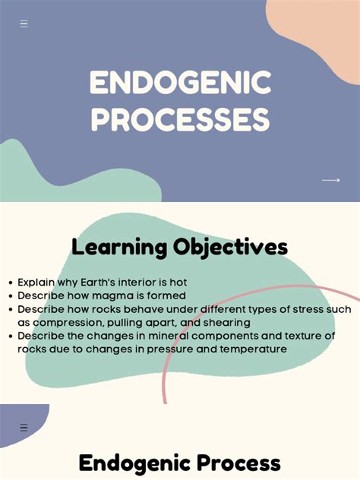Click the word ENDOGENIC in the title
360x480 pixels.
[x=180, y=84]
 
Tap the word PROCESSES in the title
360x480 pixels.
[x=180, y=120]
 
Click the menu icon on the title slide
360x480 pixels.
[x=24, y=24]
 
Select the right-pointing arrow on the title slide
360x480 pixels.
[x=330, y=180]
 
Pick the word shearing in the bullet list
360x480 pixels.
[x=221, y=322]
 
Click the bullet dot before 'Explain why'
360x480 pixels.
[x=10, y=283]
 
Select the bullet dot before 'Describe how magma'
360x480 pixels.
[x=10, y=296]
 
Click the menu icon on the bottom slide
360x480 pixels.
[x=24, y=428]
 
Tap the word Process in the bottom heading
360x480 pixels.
[x=235, y=463]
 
